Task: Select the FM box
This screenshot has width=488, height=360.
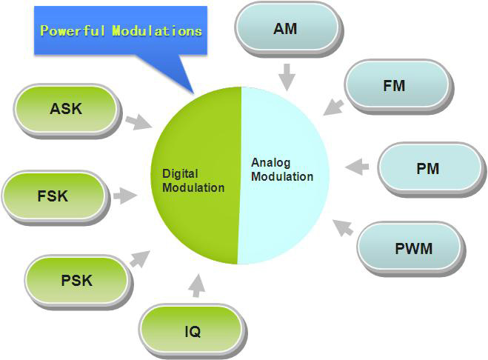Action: coord(395,86)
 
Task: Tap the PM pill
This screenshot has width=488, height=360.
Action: coord(427,169)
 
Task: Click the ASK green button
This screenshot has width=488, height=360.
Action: coord(67,110)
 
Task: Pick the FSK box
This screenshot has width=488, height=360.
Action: coord(53,196)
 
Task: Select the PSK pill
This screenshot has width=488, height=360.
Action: coord(76,281)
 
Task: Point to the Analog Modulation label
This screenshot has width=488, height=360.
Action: coord(281,170)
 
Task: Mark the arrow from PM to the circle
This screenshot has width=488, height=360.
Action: coord(358,166)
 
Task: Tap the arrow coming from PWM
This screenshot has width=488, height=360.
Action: coord(343,227)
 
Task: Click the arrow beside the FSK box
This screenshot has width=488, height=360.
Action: coord(124,196)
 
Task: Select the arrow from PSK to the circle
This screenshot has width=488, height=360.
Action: coord(139,259)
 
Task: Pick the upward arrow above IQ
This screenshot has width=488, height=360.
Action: coord(196,285)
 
